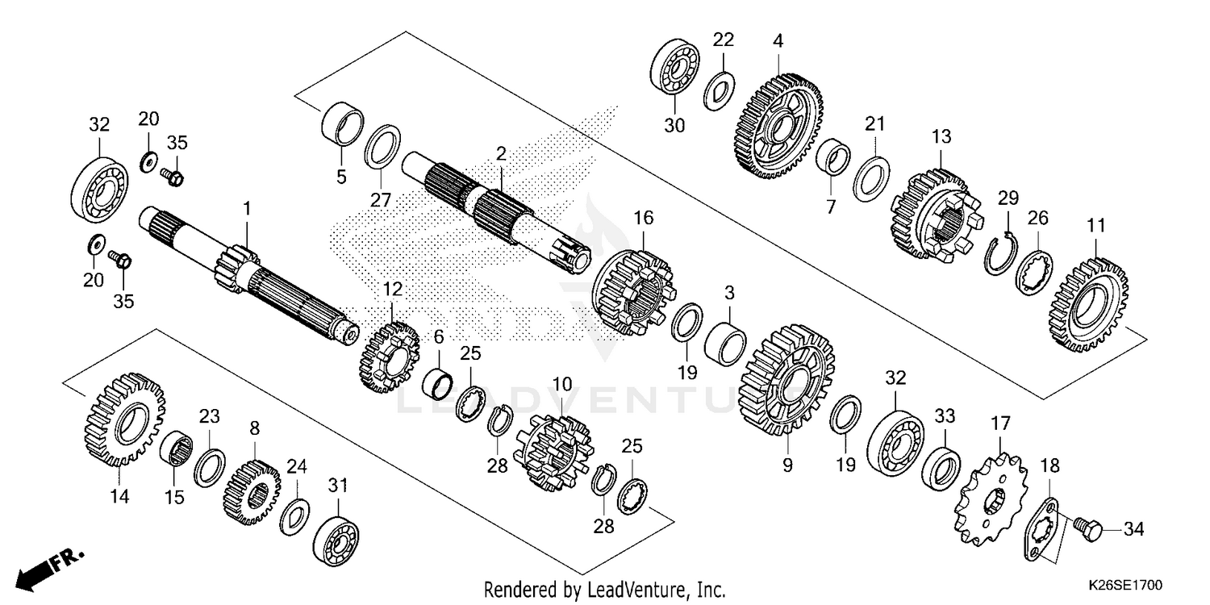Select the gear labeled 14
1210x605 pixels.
(123, 420)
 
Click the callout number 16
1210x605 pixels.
(643, 217)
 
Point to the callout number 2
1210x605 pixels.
(501, 152)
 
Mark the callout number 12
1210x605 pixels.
(392, 288)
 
